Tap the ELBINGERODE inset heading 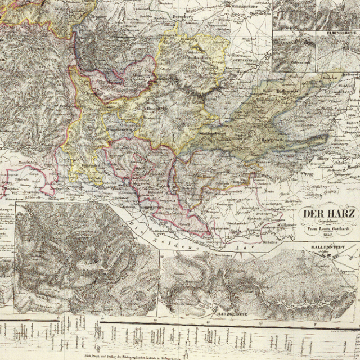(x=337, y=32)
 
